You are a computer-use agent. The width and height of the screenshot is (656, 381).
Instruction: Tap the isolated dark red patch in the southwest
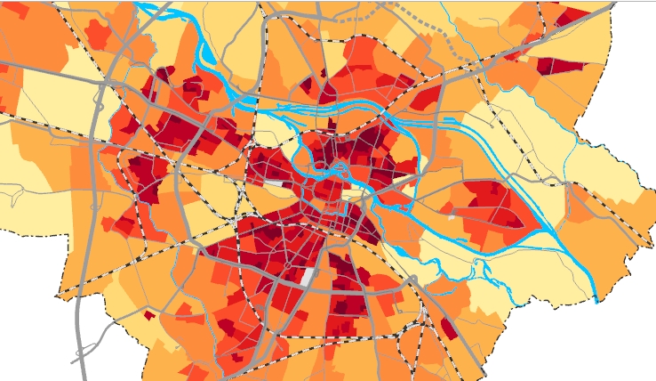coord(148,314)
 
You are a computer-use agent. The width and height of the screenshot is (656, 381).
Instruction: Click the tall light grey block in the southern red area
coord(308,277)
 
